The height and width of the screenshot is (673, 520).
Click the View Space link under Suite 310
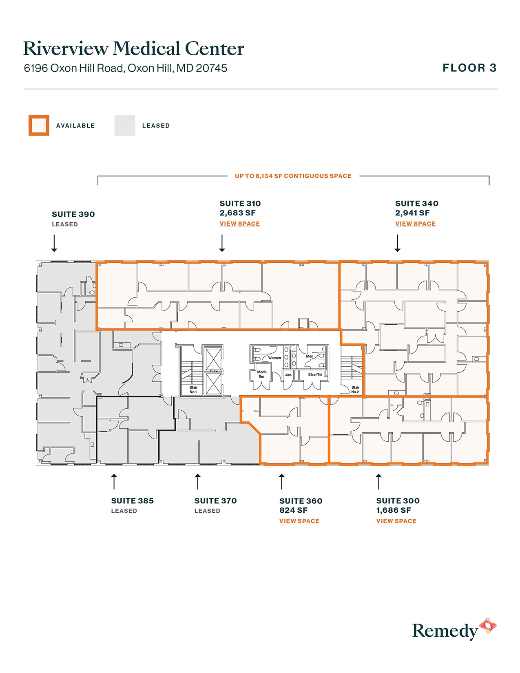[x=239, y=224]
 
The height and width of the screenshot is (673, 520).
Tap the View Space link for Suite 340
[x=415, y=224]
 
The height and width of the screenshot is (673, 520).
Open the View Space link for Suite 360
[x=299, y=521]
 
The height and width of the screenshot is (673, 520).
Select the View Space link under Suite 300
[x=396, y=521]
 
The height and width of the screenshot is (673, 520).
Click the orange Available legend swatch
[x=39, y=125]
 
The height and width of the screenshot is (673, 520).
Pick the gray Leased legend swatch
[x=124, y=125]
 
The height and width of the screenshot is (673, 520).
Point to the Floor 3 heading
[x=469, y=68]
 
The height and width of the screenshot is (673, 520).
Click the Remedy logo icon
[x=487, y=626]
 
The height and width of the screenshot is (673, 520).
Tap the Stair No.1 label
[x=193, y=390]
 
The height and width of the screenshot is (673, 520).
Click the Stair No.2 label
[x=355, y=390]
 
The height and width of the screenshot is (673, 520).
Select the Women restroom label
[x=274, y=358]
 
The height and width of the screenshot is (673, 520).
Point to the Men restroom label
[x=310, y=356]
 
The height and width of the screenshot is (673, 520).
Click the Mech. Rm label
[x=262, y=374]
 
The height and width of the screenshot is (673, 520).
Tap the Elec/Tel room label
[x=315, y=374]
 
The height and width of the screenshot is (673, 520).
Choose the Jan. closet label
[x=288, y=374]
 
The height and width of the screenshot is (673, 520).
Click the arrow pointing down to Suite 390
[x=54, y=243]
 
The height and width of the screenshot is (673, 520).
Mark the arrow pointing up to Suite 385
[x=114, y=481]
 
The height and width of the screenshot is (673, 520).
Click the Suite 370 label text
[x=215, y=500]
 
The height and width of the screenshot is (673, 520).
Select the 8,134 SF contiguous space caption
[x=293, y=176]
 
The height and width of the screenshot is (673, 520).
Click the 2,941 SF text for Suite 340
[x=412, y=213]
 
